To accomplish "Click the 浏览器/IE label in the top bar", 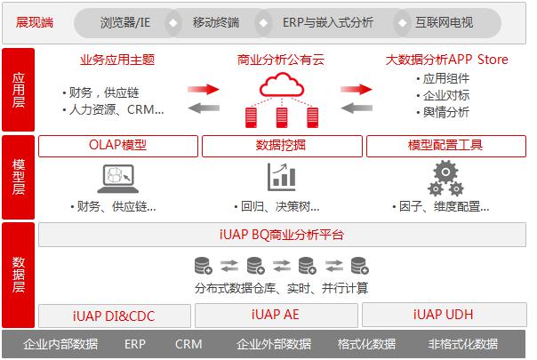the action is pos(125,22).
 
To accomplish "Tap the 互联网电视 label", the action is pos(445,22).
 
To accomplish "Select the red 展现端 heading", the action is pos(35,22).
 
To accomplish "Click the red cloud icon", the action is pos(282,84).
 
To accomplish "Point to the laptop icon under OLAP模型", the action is pos(118,179).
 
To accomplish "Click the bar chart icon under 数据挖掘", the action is pos(282,177).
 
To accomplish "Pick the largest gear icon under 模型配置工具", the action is pos(445,172).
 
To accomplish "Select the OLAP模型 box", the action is pos(118,147).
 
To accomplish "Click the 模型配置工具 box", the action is pos(446,147).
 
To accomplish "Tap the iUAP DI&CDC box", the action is pos(115,316).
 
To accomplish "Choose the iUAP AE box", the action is pos(276,316).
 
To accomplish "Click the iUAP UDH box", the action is pos(445,315).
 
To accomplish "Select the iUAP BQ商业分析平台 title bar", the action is pos(282,235).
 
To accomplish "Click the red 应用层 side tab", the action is pos(19,90).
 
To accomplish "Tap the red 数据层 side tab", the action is pos(19,275).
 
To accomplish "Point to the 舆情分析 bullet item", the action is pos(443,112).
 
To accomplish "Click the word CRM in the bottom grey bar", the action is pos(188,344).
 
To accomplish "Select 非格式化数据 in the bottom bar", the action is pos(463,344).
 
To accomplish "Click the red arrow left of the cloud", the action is pos(204,90).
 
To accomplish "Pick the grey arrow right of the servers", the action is pos(357,108).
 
